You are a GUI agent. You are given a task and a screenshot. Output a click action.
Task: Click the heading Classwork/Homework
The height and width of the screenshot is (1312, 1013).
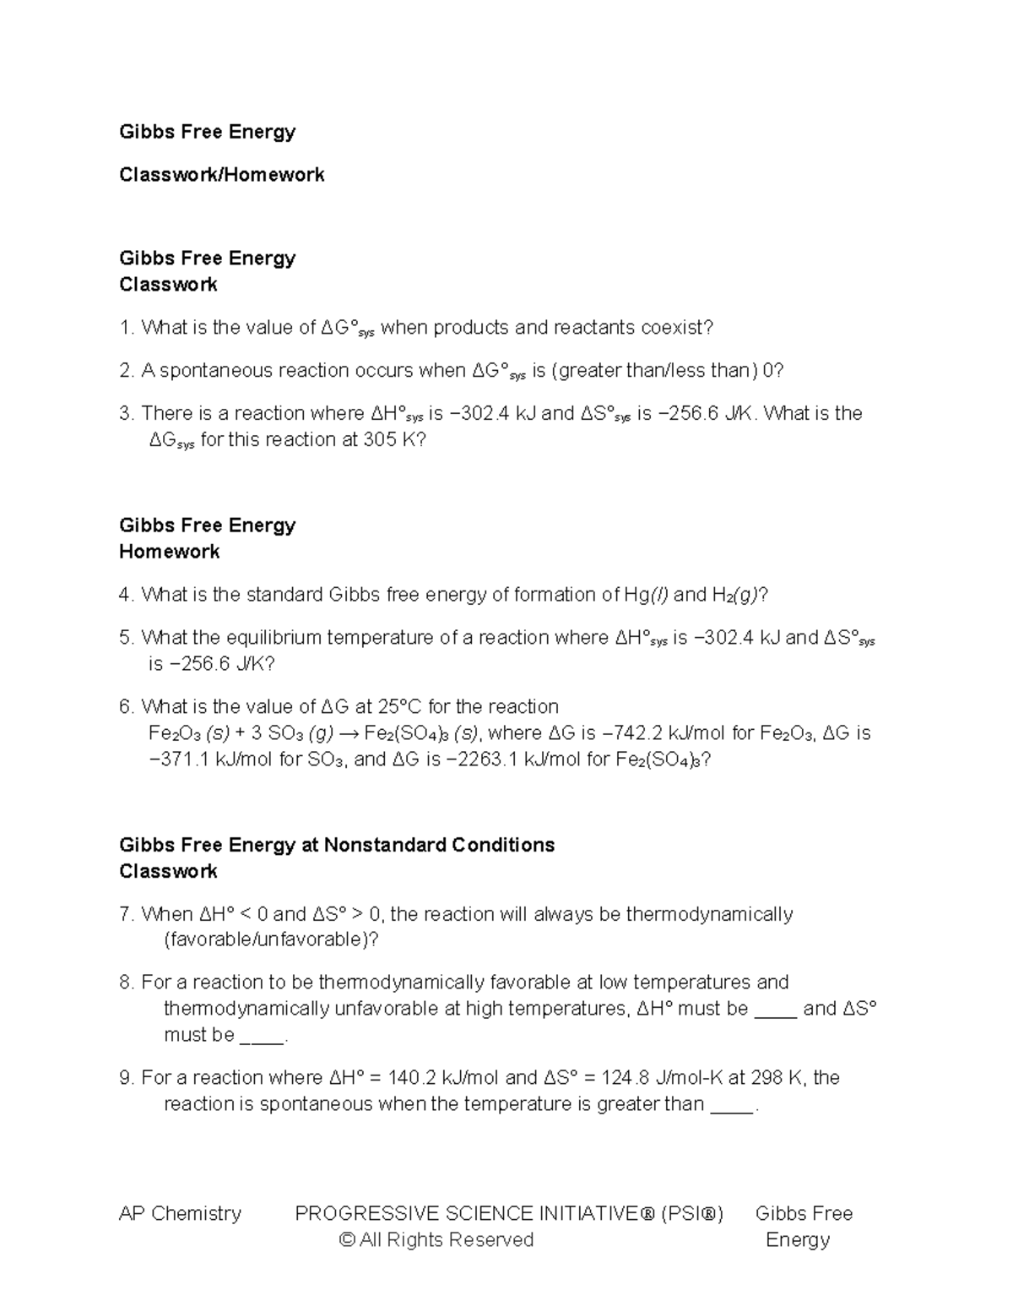[x=221, y=175]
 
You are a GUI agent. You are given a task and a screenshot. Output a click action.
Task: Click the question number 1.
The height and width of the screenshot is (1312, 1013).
[x=126, y=328]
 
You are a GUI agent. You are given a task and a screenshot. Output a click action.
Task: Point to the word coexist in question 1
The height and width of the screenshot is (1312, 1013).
[x=676, y=328]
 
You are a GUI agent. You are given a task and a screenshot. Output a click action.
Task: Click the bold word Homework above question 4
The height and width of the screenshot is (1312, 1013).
[x=169, y=552]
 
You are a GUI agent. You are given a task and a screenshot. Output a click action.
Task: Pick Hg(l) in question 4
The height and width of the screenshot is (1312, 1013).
[x=645, y=595]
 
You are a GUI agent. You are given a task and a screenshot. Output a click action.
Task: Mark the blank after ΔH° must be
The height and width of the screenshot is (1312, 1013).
[x=775, y=1010]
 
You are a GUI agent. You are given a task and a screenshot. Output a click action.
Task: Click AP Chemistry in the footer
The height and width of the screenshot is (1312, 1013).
[x=180, y=1214]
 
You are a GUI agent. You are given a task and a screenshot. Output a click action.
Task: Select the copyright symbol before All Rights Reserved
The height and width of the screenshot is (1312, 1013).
[x=346, y=1240]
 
